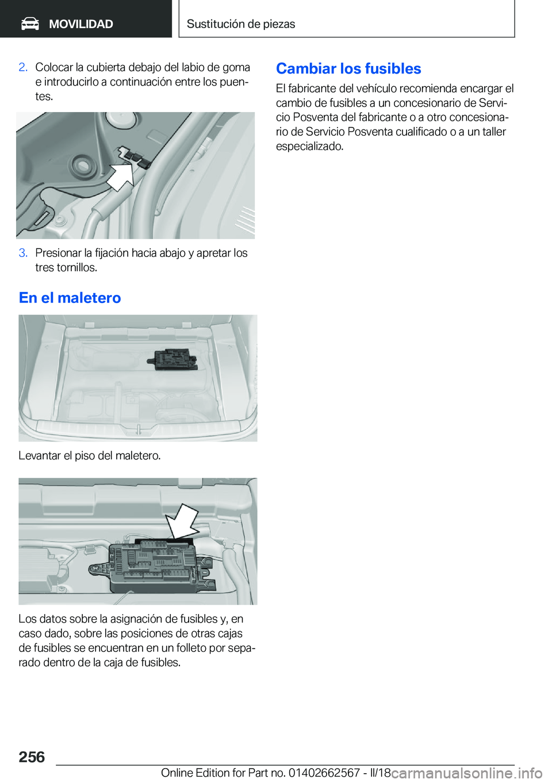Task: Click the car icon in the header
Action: tap(30, 24)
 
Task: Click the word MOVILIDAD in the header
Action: tap(80, 24)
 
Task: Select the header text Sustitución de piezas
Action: tap(240, 24)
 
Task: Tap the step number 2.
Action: tap(22, 67)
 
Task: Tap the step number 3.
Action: tap(22, 253)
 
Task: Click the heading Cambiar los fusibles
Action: tap(348, 68)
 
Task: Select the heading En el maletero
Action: tap(70, 298)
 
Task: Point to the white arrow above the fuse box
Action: tap(181, 520)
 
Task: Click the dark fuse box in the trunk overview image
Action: tap(172, 359)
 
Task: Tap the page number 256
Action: tap(32, 757)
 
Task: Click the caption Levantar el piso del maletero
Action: tap(89, 455)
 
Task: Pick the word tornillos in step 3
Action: tap(76, 267)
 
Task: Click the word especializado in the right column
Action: tap(309, 146)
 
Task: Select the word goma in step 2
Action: tap(237, 67)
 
